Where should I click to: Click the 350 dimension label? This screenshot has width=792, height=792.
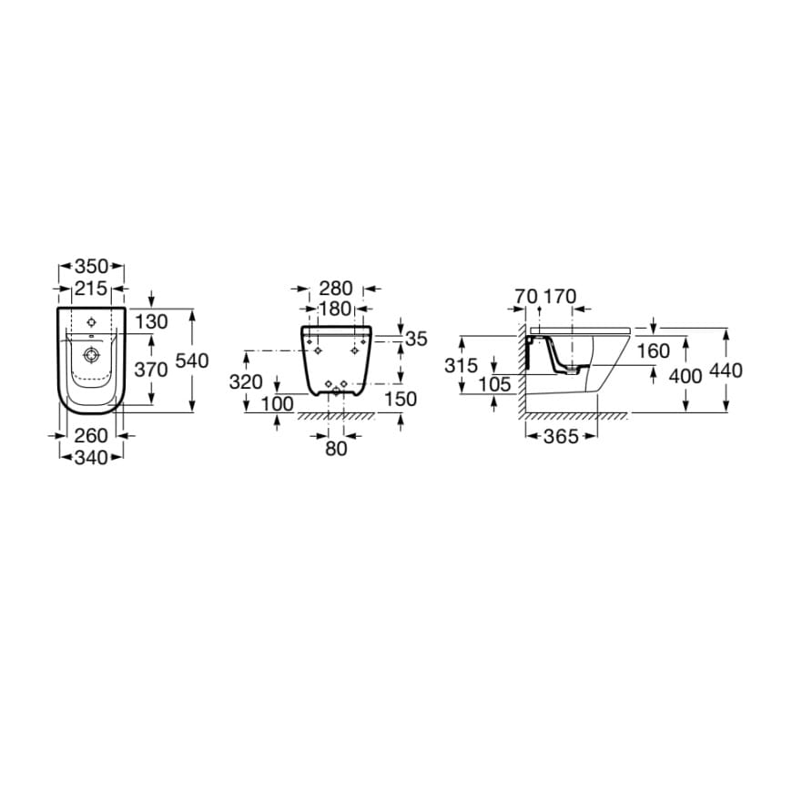[91, 266]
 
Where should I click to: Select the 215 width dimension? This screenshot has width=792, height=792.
[91, 289]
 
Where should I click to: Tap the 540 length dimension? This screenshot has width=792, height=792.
[192, 360]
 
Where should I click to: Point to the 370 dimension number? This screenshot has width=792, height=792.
[151, 370]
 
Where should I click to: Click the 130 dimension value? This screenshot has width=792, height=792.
[151, 321]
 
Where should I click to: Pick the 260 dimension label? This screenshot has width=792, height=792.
[91, 435]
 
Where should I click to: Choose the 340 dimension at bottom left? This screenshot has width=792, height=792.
[91, 458]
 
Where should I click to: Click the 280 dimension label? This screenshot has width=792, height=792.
[336, 289]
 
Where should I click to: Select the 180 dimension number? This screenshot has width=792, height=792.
[336, 309]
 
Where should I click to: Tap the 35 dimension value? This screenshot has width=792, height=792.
[417, 339]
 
